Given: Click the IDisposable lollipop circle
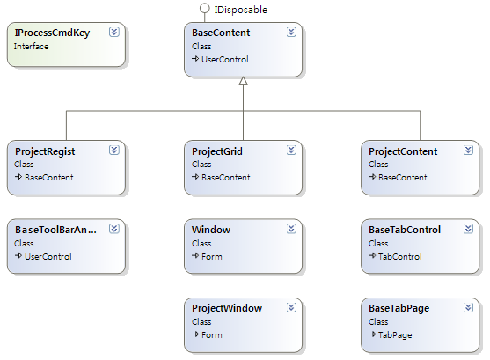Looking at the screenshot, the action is pos(205,9).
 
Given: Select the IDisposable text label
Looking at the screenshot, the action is pos(241,10).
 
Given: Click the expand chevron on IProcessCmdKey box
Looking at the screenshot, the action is pos(114,32).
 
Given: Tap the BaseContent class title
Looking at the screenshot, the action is pos(221,33).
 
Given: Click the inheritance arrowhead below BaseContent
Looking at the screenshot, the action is pos(243,81).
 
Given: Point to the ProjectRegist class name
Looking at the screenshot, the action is pos(45,151).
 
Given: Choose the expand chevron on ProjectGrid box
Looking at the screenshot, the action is pos(291,151).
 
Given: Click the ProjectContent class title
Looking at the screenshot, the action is pos(403,151).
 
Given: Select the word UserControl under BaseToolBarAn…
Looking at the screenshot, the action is pos(48,257).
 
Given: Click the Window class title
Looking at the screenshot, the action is pos(211,230).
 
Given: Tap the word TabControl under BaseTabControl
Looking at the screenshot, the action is pos(400,257).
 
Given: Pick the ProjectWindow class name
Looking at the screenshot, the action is pos(227,308).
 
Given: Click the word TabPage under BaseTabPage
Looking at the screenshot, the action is pos(395,335).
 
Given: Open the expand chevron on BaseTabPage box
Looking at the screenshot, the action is pos(468,308).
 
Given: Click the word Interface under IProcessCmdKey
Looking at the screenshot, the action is pos(32,47).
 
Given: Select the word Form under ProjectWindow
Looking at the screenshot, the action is pos(212,335).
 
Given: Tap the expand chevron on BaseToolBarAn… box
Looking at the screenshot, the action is pos(114,229).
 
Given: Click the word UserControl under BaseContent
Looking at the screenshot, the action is pos(225,60).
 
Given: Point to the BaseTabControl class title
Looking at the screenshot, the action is pos(405,230).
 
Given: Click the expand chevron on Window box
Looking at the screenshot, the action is pos(291,229).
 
